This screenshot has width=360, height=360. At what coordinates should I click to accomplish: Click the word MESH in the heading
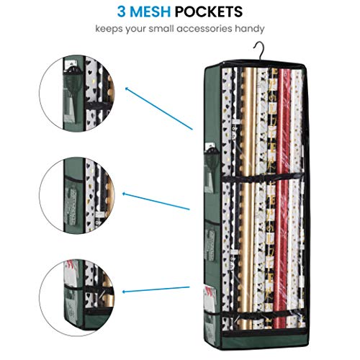(150, 12)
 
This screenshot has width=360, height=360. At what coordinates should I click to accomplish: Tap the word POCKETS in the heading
(209, 12)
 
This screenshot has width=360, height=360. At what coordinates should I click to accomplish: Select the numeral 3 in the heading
(122, 12)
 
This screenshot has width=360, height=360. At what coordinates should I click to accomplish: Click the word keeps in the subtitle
(109, 29)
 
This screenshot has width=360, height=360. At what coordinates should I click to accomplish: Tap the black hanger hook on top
(258, 51)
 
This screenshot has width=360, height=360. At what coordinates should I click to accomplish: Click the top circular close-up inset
(77, 94)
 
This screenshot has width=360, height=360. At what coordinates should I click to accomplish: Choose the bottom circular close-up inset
(77, 298)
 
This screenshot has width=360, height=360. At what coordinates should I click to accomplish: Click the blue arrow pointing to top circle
(159, 109)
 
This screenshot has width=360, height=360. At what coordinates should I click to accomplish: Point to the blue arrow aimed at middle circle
(156, 201)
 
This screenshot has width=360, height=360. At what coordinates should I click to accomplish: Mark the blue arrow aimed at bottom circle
(156, 289)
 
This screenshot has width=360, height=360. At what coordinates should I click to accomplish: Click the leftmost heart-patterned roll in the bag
(227, 199)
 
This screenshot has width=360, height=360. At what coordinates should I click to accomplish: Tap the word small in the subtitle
(161, 29)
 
